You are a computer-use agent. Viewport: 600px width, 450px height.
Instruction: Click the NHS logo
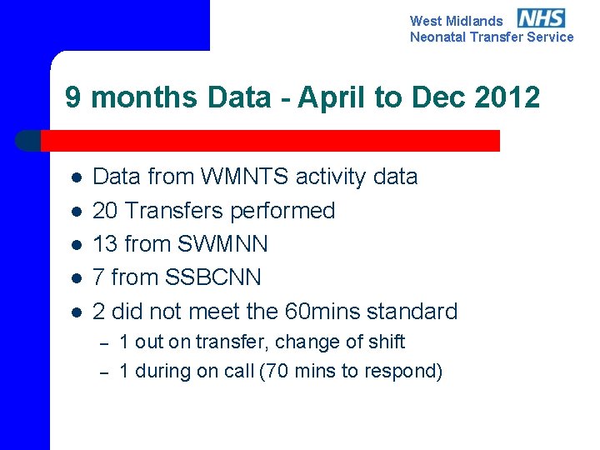[541, 18]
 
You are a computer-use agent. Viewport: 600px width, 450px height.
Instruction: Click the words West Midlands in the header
[457, 21]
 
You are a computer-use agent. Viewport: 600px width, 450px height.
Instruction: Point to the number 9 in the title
[73, 97]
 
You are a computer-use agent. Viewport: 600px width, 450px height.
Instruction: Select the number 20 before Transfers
[105, 211]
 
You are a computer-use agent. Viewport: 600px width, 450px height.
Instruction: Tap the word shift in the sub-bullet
[387, 342]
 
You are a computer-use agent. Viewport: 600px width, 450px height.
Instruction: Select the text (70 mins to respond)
[352, 371]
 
